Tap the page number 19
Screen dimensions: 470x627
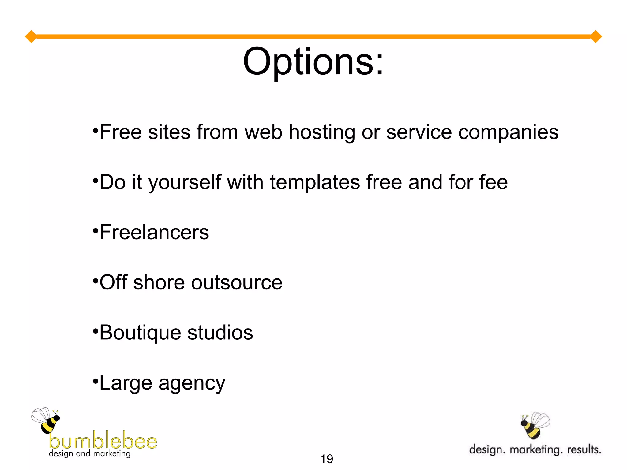coord(326,459)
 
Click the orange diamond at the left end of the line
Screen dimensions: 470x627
coord(31,37)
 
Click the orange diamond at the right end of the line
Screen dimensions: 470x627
coord(596,37)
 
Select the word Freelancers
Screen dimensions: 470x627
coord(154,232)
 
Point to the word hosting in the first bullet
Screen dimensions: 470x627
coord(322,132)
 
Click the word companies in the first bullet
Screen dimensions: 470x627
coord(508,132)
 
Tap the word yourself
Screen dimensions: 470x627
coord(185,182)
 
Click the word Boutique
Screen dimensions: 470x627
coord(140,333)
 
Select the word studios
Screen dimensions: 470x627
coord(220,333)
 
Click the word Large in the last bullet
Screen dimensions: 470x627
coord(126,383)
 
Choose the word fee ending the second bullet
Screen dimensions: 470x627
coord(493,182)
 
